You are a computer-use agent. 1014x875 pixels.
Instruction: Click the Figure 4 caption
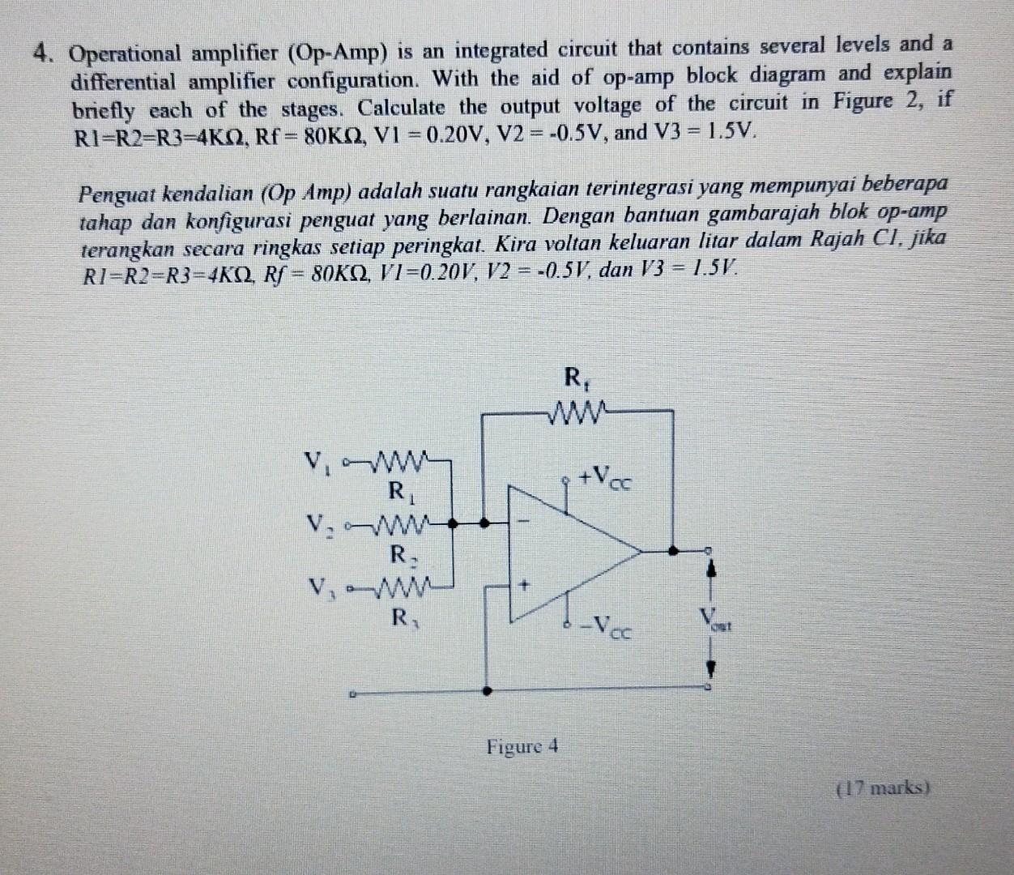(522, 745)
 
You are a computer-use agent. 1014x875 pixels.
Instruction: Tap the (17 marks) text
(884, 786)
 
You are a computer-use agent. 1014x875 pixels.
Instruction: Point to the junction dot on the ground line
(487, 692)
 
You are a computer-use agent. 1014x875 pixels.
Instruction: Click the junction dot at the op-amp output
(673, 551)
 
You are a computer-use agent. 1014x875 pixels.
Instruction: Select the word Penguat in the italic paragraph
(116, 194)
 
